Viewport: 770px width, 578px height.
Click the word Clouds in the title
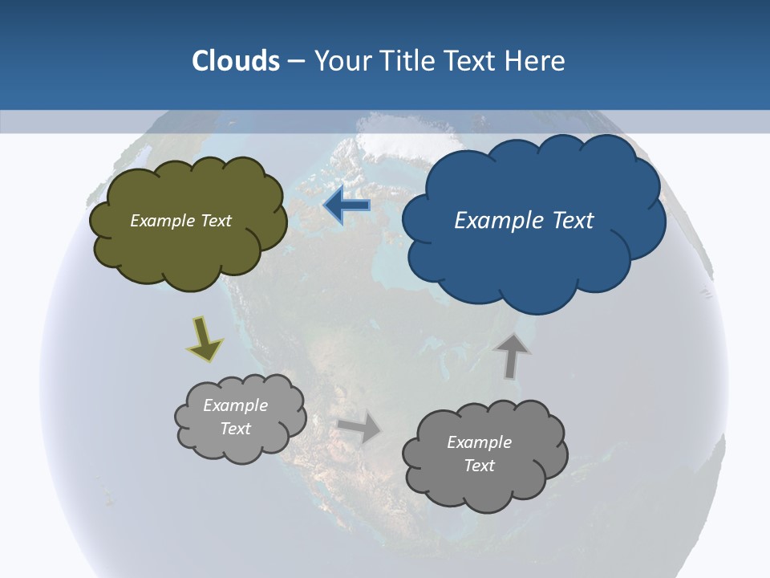tap(236, 61)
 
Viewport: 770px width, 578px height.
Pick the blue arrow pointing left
tap(347, 206)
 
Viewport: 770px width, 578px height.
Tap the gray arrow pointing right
tap(360, 427)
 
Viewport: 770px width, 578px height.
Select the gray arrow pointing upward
tap(512, 355)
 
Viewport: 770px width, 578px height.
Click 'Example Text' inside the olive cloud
tap(180, 221)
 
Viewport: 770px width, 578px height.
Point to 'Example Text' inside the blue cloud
tap(524, 221)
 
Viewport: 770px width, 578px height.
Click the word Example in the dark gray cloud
tap(479, 442)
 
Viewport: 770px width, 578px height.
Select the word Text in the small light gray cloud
tap(236, 429)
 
